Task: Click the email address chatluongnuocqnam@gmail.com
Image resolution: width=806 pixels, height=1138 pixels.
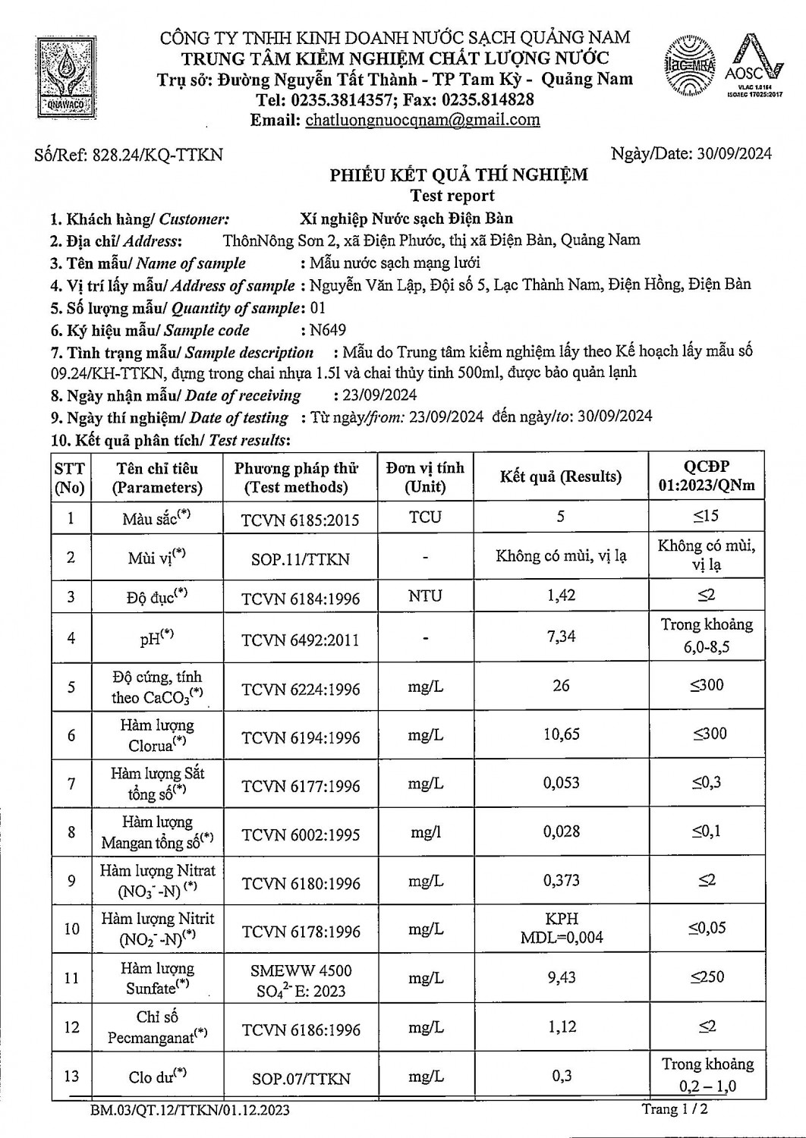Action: [x=423, y=119]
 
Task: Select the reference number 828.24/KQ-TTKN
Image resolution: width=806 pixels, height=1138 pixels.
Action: [x=157, y=155]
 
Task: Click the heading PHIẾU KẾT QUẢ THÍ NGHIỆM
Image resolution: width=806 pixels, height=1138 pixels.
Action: [x=458, y=175]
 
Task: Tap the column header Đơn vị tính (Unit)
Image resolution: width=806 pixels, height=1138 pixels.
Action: [x=424, y=476]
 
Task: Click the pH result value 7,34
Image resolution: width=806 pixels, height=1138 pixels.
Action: [x=561, y=637]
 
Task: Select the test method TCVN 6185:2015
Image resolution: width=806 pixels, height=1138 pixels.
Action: [x=301, y=520]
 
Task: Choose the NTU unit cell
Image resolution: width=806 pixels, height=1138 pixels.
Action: [x=424, y=596]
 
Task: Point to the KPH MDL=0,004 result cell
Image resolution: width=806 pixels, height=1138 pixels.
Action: [x=561, y=928]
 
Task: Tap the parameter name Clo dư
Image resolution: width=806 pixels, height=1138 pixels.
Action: [x=157, y=1077]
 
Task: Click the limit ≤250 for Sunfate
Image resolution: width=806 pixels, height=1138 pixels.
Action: [x=707, y=977]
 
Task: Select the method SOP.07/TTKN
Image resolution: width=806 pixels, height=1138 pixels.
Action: [x=301, y=1078]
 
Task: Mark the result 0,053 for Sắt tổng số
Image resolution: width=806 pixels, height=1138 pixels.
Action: [x=561, y=783]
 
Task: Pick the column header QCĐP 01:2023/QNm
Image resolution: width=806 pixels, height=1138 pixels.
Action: [x=707, y=476]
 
